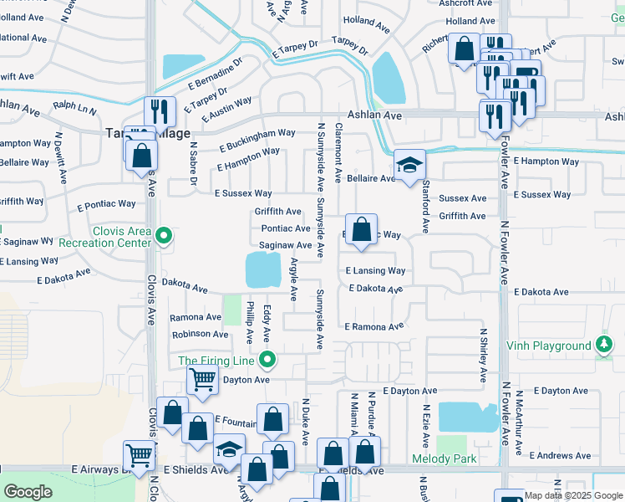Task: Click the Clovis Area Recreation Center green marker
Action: click(x=165, y=238)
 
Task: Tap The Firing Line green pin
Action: click(x=267, y=361)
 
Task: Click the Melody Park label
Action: click(x=444, y=458)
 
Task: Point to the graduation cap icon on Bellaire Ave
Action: click(x=410, y=165)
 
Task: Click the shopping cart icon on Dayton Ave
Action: click(x=203, y=382)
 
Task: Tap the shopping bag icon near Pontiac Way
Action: click(x=361, y=229)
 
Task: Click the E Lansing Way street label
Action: click(x=376, y=271)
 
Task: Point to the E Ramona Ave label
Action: click(x=373, y=326)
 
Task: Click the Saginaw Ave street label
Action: click(x=286, y=245)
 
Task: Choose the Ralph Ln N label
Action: click(x=74, y=106)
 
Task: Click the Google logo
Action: click(x=28, y=492)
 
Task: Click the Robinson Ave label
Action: click(x=200, y=334)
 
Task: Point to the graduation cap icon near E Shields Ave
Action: click(x=228, y=451)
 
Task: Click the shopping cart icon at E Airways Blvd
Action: click(x=139, y=456)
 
